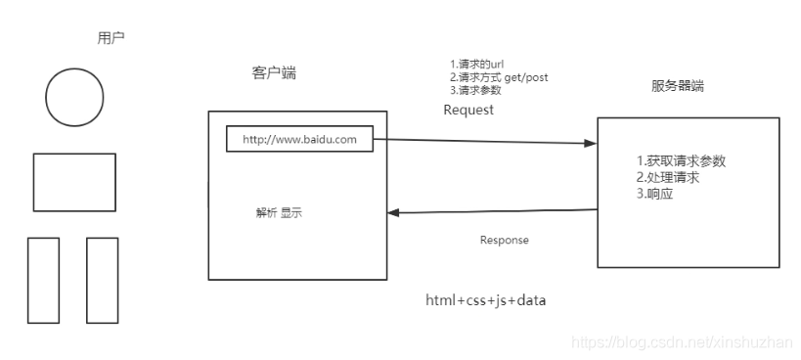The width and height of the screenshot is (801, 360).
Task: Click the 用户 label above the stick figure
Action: (x=111, y=38)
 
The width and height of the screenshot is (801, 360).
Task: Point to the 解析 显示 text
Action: (x=279, y=213)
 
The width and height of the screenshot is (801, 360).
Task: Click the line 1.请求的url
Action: (x=476, y=65)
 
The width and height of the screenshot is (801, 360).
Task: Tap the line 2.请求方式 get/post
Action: (x=492, y=77)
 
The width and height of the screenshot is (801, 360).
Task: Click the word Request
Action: (x=468, y=110)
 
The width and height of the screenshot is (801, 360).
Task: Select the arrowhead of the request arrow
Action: (x=591, y=143)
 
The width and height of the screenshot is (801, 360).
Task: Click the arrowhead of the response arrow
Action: (x=395, y=211)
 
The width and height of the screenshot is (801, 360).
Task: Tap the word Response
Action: (x=504, y=240)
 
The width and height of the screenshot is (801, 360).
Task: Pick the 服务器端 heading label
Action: (x=677, y=86)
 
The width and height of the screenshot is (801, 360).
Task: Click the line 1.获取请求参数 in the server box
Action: (x=681, y=161)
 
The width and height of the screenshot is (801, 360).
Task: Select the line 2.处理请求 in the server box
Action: (x=668, y=178)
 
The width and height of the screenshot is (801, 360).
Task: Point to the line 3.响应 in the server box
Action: (x=655, y=195)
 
